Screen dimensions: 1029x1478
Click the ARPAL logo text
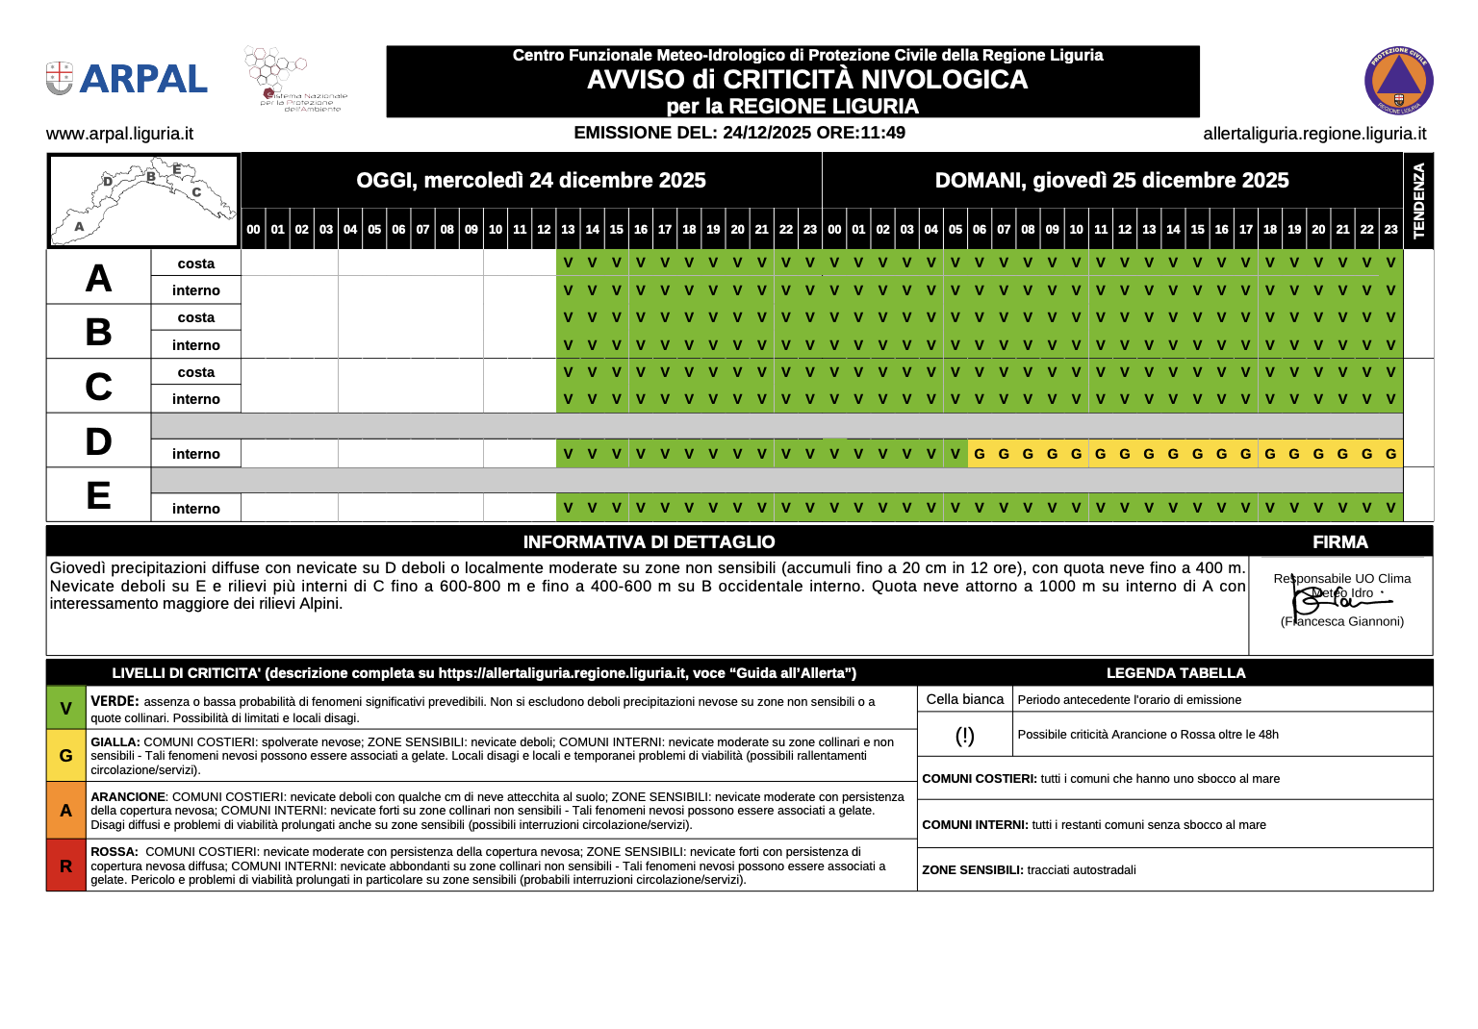(x=142, y=79)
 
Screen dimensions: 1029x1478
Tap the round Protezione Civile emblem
(x=1398, y=81)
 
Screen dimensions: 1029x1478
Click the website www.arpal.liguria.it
(x=119, y=134)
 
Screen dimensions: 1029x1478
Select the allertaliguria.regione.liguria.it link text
(x=1314, y=134)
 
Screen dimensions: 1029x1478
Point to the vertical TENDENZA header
(x=1418, y=200)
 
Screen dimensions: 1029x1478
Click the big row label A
(x=98, y=278)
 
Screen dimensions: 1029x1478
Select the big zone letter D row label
(x=98, y=441)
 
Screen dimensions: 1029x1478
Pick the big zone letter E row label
(x=98, y=495)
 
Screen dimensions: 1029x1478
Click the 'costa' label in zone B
(x=195, y=317)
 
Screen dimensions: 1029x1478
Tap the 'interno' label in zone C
(x=195, y=399)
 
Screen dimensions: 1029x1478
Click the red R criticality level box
(x=65, y=866)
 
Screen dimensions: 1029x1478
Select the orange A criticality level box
(x=65, y=811)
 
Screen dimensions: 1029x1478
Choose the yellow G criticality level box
(x=65, y=756)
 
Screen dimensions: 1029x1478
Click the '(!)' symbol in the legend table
(x=964, y=736)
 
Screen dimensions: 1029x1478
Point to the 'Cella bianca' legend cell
(x=964, y=699)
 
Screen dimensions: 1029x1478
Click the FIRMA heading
(x=1339, y=542)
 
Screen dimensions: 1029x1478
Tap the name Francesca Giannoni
(x=1343, y=621)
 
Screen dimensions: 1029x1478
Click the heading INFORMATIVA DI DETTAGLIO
(x=649, y=542)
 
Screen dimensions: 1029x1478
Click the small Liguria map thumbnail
(x=142, y=200)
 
